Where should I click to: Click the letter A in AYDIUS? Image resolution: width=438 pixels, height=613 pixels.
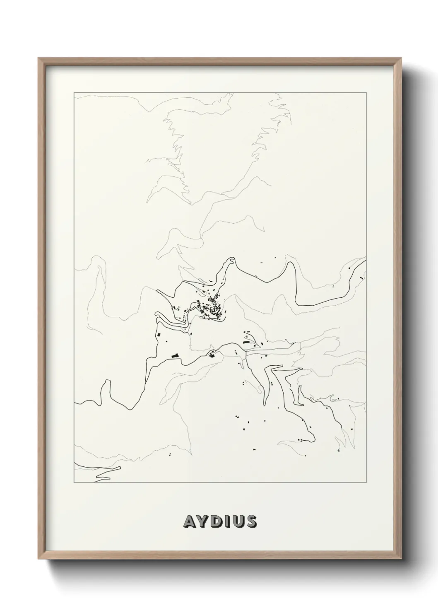188,521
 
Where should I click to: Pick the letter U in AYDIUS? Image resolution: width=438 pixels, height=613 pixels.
237,521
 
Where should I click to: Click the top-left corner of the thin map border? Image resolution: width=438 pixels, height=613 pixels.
74,92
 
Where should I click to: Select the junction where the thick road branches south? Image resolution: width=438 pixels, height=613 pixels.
246,352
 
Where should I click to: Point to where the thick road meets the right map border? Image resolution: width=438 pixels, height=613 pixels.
366,260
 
